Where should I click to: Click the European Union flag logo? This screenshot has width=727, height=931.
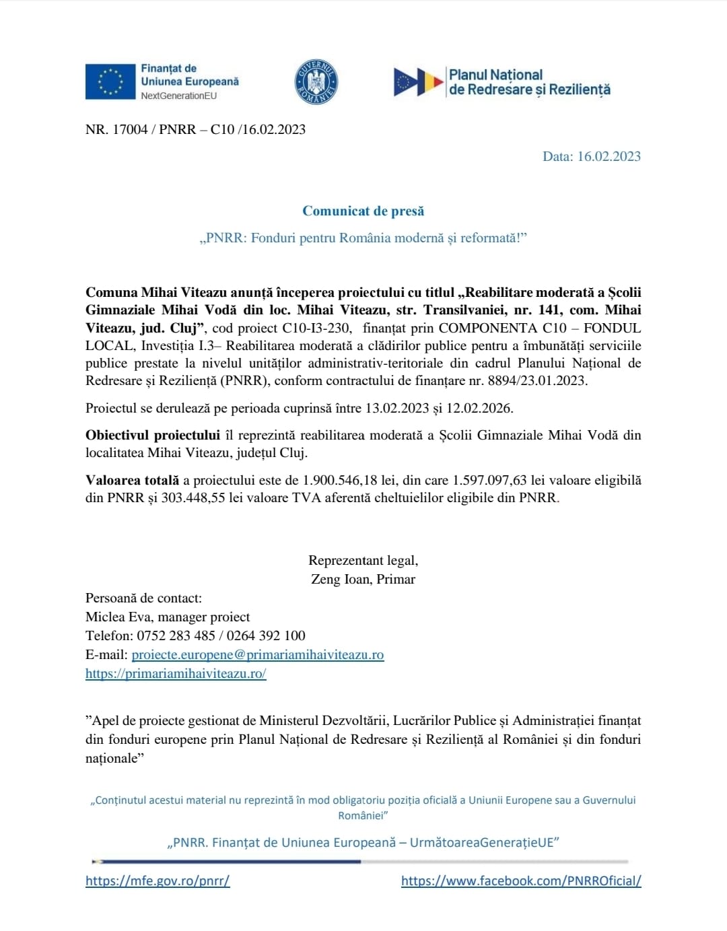coord(110,81)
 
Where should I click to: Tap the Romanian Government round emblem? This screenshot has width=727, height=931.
coord(316,82)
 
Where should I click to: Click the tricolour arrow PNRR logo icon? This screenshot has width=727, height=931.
coord(418,82)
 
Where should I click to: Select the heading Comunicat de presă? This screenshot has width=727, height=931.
coord(363,211)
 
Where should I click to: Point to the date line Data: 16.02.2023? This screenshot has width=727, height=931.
coord(591,156)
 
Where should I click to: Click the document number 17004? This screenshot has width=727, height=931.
coord(129,129)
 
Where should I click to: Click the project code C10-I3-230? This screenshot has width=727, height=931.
coord(316,328)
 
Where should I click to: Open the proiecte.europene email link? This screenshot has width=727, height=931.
coord(257,654)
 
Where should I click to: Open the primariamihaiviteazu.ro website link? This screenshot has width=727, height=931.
coord(176,673)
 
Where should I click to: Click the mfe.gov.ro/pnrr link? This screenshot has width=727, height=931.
coord(158,881)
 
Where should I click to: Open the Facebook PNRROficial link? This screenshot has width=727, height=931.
coord(521,881)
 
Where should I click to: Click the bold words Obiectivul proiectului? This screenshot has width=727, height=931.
coord(153,435)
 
